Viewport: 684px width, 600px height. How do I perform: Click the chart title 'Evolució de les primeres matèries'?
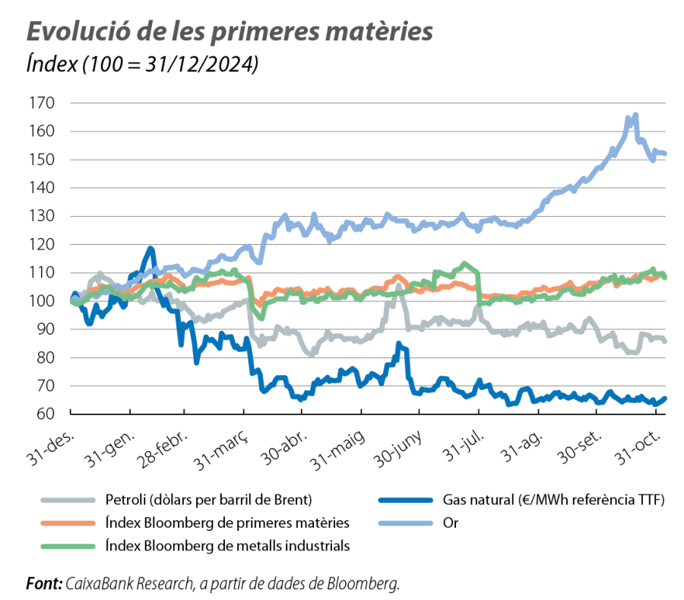coord(230,33)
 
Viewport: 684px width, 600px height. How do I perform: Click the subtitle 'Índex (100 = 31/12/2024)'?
coord(142,65)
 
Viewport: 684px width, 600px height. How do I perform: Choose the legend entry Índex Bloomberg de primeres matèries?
coord(223,522)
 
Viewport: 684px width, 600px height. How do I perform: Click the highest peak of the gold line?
coord(635,115)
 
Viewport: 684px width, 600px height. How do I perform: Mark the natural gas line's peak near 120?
coord(150,248)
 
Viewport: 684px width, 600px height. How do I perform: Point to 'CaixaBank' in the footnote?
coord(98,584)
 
